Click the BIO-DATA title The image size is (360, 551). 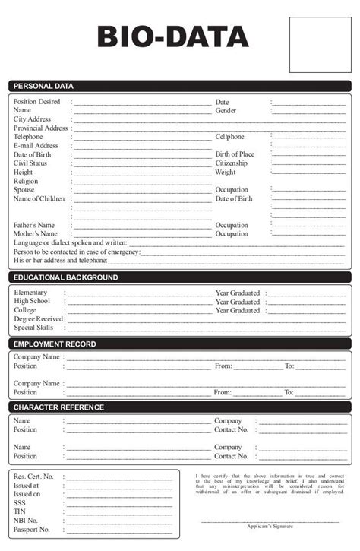pos(172,36)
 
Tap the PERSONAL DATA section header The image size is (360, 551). pos(43,87)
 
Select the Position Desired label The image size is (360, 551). pos(36,102)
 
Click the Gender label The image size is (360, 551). pos(226,111)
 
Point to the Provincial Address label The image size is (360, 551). pos(41,128)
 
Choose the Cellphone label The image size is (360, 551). pos(229,137)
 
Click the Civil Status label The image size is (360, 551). pos(30,163)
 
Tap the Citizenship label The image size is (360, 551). pos(231,163)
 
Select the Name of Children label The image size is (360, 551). pos(39,199)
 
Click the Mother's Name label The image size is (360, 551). pos(34,234)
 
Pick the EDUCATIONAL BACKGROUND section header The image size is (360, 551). pos(65,278)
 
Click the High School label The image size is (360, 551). pos(31,302)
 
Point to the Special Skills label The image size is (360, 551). pos(33,328)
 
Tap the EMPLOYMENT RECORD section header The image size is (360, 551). pos(54,344)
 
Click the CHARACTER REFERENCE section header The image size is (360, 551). pos(58,407)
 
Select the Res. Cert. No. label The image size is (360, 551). pos(33,477)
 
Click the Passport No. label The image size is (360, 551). pos(31,530)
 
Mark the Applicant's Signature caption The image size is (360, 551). pos(270,526)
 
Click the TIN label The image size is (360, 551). pos(20,511)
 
